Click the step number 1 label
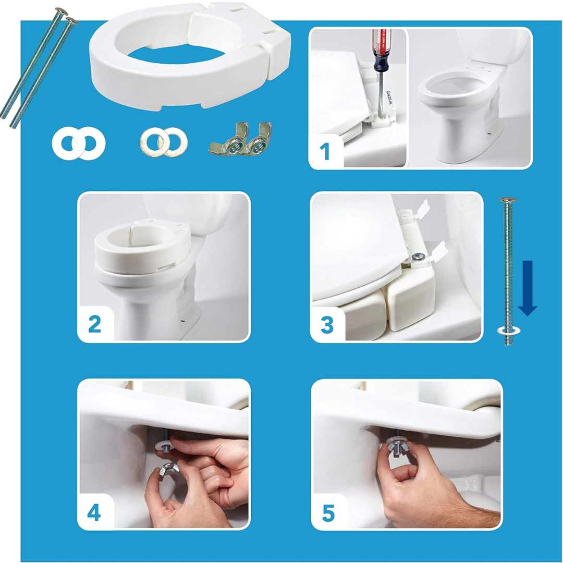pos(324,152)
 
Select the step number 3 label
pos(327,325)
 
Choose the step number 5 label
pos(328,513)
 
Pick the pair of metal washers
pos(164,140)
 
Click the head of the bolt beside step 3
pos(507,200)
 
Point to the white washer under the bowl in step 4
pos(163,444)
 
